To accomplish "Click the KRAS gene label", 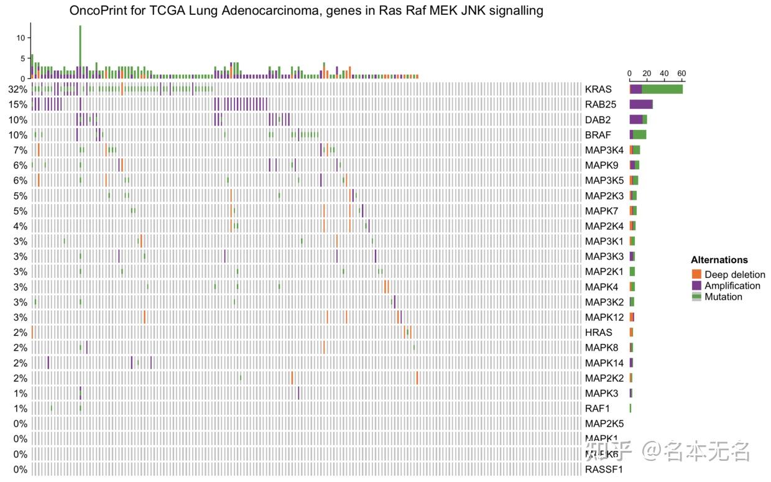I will [x=598, y=90].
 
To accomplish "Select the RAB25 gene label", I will [x=601, y=104].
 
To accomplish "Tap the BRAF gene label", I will [x=598, y=135].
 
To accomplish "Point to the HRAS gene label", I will [x=599, y=332].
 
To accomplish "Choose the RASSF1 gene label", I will [x=604, y=469].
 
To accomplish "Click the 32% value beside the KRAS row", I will [x=17, y=90].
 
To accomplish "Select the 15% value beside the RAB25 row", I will [x=17, y=104].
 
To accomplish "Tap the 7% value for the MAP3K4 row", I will [x=20, y=150].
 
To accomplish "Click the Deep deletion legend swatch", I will [x=696, y=274].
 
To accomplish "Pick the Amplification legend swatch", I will [x=696, y=285].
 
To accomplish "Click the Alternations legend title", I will [x=719, y=260].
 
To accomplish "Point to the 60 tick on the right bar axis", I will [x=681, y=73].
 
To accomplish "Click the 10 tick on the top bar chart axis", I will [x=21, y=38].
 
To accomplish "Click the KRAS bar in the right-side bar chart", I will [x=656, y=90].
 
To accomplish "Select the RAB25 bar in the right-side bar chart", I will [x=641, y=104].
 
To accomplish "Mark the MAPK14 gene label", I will [x=604, y=363].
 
